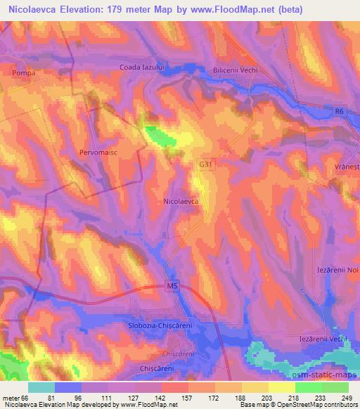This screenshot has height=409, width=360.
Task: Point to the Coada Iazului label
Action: (141, 67)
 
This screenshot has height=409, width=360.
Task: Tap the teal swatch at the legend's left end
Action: (41, 387)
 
